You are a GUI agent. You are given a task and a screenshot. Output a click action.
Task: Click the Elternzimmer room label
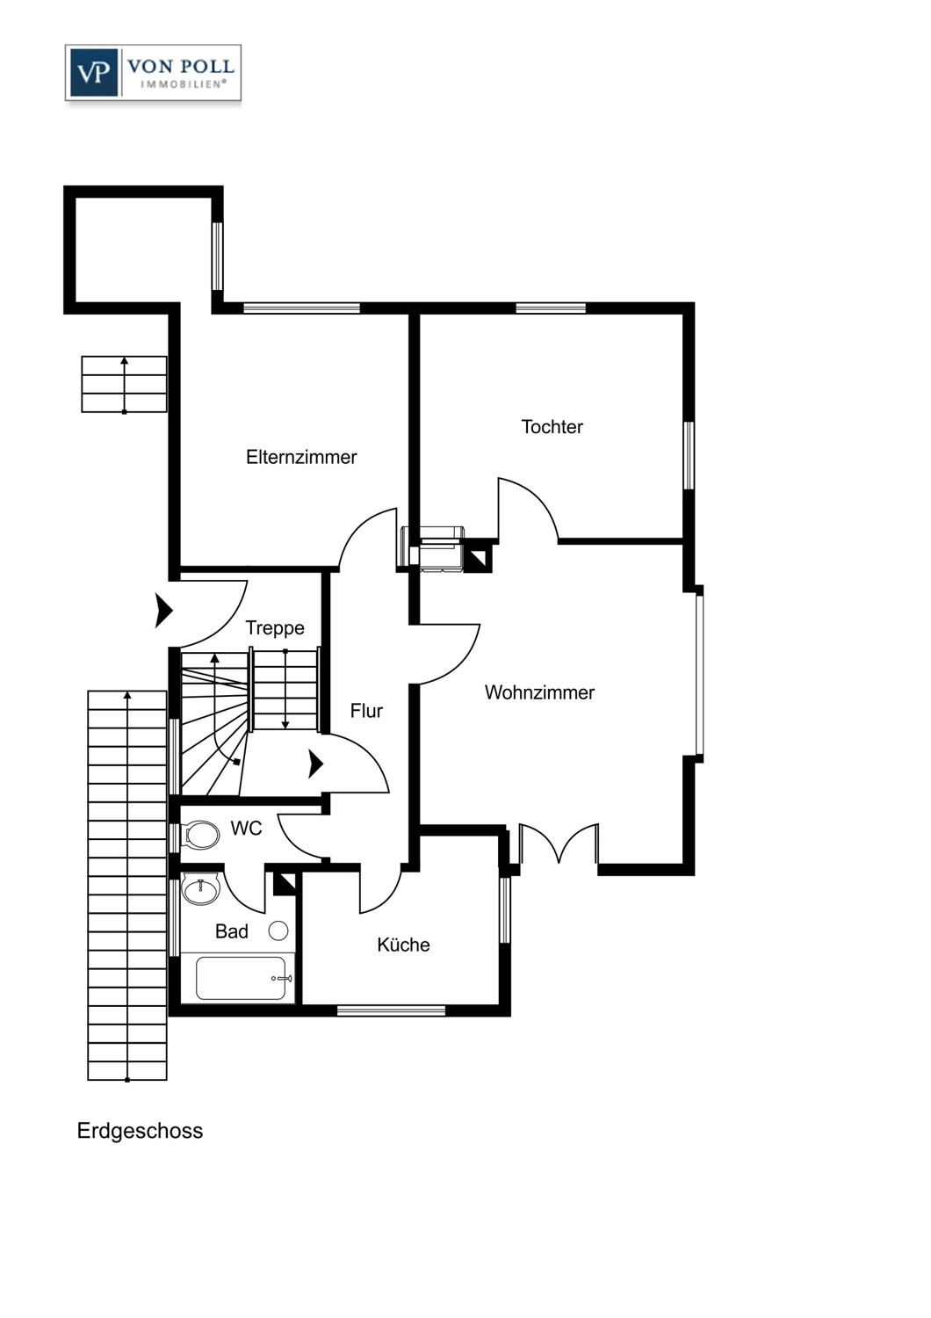pos(301,457)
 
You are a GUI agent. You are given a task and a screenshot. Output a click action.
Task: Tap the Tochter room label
pos(552,426)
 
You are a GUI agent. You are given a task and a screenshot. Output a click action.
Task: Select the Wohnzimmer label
pos(539,692)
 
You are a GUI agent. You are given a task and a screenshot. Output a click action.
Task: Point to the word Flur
pos(366,711)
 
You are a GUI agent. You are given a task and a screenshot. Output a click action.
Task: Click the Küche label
pos(403,945)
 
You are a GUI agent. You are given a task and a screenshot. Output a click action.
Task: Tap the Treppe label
pos(275,628)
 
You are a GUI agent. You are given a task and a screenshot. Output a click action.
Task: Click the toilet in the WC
pos(200,835)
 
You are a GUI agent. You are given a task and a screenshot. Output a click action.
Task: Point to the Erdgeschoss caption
pos(140,1131)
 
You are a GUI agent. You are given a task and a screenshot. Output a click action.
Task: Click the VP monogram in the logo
pos(93,73)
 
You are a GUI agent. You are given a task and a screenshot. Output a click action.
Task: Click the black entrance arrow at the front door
pos(163,611)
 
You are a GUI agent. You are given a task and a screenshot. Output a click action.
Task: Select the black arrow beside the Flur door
pos(316,764)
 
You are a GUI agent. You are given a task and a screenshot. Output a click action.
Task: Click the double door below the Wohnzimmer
pos(558,843)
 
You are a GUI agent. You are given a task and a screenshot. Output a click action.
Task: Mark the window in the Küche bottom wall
pos(391,1010)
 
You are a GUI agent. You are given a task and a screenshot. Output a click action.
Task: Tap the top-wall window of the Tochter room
pos(551,308)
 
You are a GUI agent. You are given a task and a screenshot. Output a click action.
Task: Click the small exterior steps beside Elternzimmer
pos(124,384)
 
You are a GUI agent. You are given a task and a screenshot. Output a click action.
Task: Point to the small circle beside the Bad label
pos(278,931)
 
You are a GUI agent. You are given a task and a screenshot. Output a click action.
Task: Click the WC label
pos(246,829)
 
